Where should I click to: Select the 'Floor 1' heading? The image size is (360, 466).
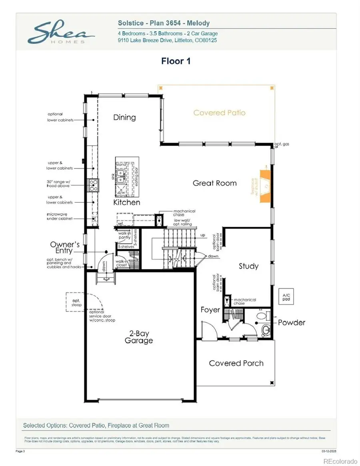tap(176, 61)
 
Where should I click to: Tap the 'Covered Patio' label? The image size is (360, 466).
tap(219, 113)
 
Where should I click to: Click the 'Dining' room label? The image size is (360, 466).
tap(124, 117)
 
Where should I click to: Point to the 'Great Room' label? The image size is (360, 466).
tap(214, 183)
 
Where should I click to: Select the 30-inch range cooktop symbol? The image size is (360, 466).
tap(93, 185)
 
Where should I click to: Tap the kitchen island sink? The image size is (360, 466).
tap(121, 174)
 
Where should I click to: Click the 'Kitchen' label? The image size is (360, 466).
tap(126, 202)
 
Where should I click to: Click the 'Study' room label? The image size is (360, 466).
tap(248, 266)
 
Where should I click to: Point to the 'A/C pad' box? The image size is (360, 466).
tap(286, 297)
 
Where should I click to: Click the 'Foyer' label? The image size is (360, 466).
tap(210, 310)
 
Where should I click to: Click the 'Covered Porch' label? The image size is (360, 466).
tap(236, 363)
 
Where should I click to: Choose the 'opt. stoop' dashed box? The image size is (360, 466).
tap(76, 302)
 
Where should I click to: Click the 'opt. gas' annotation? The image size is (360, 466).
tap(282, 144)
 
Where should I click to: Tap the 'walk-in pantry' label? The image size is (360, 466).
tap(124, 236)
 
